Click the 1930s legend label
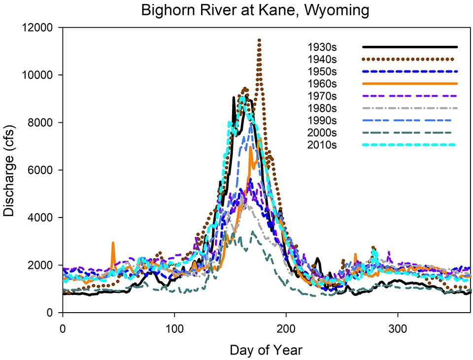point(322,47)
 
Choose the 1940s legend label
point(322,60)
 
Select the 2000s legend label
point(322,133)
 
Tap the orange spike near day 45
point(113,243)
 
